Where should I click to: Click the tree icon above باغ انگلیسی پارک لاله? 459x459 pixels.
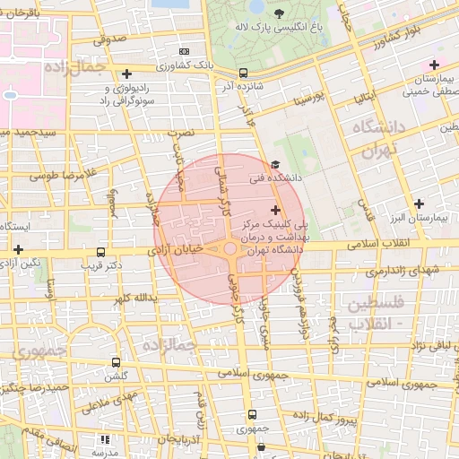(x=281, y=13)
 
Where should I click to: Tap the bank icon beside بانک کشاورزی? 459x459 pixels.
(x=186, y=51)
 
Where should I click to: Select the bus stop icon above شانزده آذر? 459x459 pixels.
(x=244, y=73)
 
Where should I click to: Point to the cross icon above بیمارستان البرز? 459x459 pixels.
(x=419, y=204)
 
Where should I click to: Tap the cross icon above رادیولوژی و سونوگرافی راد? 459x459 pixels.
(x=126, y=74)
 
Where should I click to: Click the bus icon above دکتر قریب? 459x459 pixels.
(x=100, y=253)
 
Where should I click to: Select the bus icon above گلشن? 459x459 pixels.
(x=116, y=362)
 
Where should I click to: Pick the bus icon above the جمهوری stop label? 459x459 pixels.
(x=252, y=414)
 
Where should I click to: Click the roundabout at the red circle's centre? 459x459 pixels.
(x=229, y=248)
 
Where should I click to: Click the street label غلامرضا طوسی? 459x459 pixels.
(x=62, y=174)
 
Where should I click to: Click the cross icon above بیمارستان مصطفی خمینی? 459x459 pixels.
(x=435, y=64)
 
